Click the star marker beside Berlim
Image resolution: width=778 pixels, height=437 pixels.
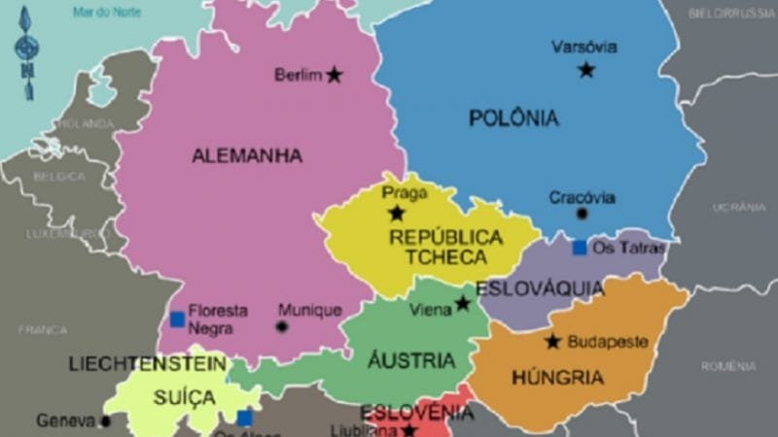335,75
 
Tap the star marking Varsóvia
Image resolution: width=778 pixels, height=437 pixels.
586,70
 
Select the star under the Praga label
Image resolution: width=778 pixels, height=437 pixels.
396,214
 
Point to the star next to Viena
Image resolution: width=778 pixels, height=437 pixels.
463,304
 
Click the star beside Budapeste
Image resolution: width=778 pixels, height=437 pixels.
553,342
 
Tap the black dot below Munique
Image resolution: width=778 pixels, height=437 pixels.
282,327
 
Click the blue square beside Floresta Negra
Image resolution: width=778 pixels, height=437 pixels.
177,319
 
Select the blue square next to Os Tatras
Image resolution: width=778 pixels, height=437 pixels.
580,248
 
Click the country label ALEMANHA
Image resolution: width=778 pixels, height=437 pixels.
247,155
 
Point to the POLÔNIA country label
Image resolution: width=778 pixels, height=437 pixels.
514,118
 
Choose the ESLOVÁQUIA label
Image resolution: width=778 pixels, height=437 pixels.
540,288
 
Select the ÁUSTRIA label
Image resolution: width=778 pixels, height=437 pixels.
411,361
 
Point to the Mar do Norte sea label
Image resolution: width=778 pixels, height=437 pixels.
107,12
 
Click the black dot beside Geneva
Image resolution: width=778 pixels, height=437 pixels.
105,421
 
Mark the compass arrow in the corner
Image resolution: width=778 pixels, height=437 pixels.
26,53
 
